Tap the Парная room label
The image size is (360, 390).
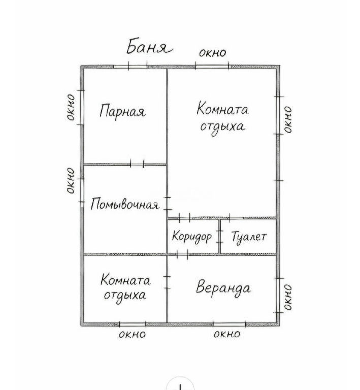tap(122, 111)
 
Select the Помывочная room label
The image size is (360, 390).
tap(124, 204)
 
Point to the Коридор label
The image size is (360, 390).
tap(192, 236)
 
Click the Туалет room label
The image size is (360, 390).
tap(249, 237)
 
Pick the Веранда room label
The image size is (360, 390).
tap(223, 288)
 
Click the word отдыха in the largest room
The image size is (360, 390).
tap(223, 127)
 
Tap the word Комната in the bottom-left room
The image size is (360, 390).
tap(125, 280)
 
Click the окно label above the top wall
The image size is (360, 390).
tap(213, 53)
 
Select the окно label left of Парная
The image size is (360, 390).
tap(71, 108)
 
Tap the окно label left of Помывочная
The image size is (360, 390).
tap(71, 181)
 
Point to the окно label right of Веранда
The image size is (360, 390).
tap(288, 298)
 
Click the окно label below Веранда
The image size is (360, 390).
tap(227, 334)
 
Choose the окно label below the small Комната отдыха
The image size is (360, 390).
tap(132, 334)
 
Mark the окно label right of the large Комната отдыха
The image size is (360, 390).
tap(288, 120)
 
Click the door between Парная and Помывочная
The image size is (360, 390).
tap(137, 165)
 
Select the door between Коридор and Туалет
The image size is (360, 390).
tap(219, 237)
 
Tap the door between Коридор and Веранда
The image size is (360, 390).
tap(182, 255)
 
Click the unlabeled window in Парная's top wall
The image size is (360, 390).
tap(138, 67)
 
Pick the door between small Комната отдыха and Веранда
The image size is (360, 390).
tap(167, 282)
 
